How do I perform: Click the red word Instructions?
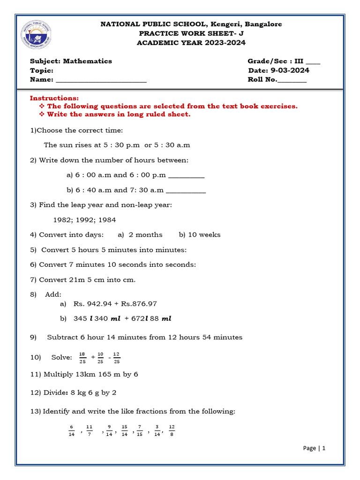click(54, 98)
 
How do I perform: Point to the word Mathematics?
click(88, 61)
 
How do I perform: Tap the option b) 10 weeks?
click(199, 234)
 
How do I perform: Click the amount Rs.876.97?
click(139, 304)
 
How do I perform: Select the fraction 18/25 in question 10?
click(82, 358)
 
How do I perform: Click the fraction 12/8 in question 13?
click(172, 430)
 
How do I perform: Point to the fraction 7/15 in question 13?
click(139, 430)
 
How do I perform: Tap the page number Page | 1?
click(314, 448)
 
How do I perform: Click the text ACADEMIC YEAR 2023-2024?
click(191, 43)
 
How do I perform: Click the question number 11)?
click(36, 374)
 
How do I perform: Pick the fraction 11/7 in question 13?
click(90, 430)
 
